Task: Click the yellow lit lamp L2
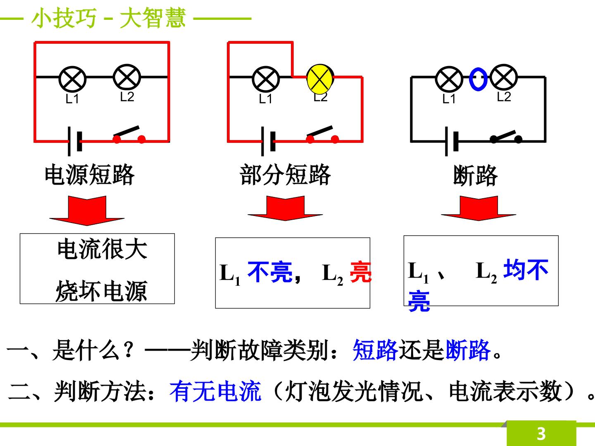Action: [320, 78]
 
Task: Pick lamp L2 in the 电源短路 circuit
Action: [127, 78]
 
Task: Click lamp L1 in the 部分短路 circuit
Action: [266, 79]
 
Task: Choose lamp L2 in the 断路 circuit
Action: [504, 78]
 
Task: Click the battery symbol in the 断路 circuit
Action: [451, 141]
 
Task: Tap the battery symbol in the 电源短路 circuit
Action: [74, 141]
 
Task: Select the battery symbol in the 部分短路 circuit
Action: [268, 141]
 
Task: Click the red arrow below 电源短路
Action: [87, 211]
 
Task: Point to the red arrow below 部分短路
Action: [285, 208]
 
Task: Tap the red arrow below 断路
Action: [479, 208]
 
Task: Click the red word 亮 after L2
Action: [360, 272]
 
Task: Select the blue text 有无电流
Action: [215, 391]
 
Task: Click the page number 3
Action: [541, 434]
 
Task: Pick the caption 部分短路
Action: [285, 175]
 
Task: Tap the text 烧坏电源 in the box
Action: [101, 291]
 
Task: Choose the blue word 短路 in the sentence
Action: [376, 350]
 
